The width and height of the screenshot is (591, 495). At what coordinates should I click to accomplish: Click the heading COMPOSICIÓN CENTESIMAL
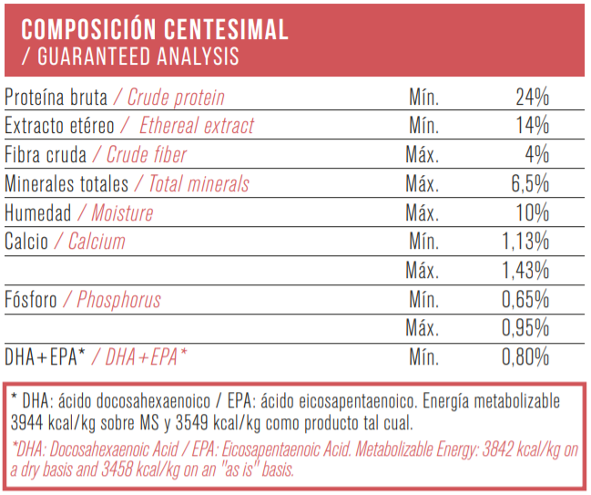point(155,29)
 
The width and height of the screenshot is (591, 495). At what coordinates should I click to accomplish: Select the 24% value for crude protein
point(532,98)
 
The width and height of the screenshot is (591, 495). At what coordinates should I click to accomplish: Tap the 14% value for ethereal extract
point(532,126)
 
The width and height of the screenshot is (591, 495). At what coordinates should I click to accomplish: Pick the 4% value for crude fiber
point(536,155)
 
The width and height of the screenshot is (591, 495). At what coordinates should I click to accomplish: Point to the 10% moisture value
point(532,213)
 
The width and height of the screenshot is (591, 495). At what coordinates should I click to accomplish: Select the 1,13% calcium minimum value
point(525,242)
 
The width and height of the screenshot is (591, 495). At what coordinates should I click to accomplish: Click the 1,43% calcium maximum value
point(525,271)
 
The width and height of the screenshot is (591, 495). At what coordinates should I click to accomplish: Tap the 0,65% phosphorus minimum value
point(525,300)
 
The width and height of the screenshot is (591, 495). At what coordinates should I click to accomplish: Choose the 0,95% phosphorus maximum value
point(525,328)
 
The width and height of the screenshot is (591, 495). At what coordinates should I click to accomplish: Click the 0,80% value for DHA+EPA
point(525,357)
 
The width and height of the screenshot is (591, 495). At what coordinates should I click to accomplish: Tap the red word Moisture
point(122,213)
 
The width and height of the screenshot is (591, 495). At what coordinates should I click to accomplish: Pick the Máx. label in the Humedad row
point(423,213)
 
